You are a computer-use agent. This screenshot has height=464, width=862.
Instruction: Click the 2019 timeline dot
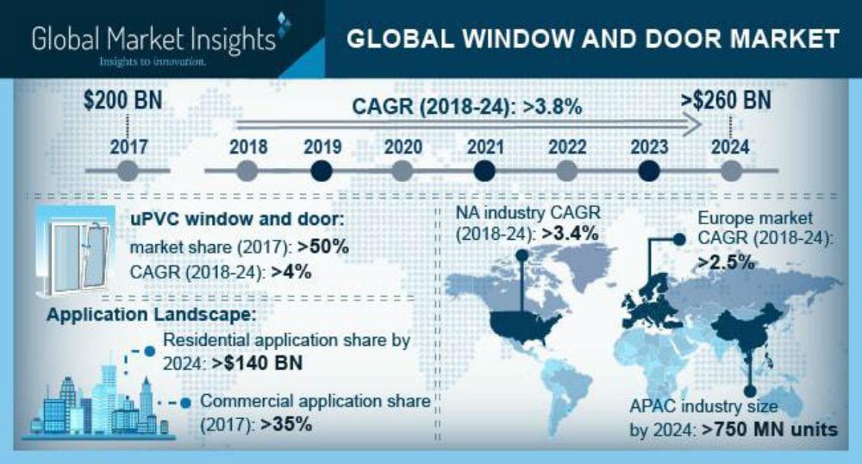click(321, 171)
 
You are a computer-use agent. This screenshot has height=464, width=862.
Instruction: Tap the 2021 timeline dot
click(485, 171)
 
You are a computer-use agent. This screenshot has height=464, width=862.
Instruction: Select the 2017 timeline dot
click(127, 171)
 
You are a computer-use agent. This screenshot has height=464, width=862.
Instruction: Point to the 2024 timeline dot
click(730, 171)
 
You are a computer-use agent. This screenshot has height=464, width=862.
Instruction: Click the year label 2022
click(566, 147)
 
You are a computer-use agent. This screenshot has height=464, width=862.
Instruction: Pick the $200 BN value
click(123, 100)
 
